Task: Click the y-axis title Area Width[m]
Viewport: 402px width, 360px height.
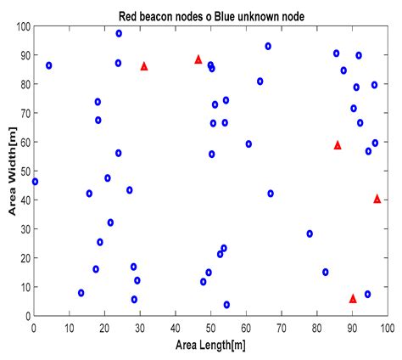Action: tap(10, 172)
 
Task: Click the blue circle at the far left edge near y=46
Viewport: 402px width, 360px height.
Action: tap(35, 182)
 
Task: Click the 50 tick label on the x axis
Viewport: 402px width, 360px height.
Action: tap(211, 326)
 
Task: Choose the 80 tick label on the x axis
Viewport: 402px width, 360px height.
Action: tap(317, 326)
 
